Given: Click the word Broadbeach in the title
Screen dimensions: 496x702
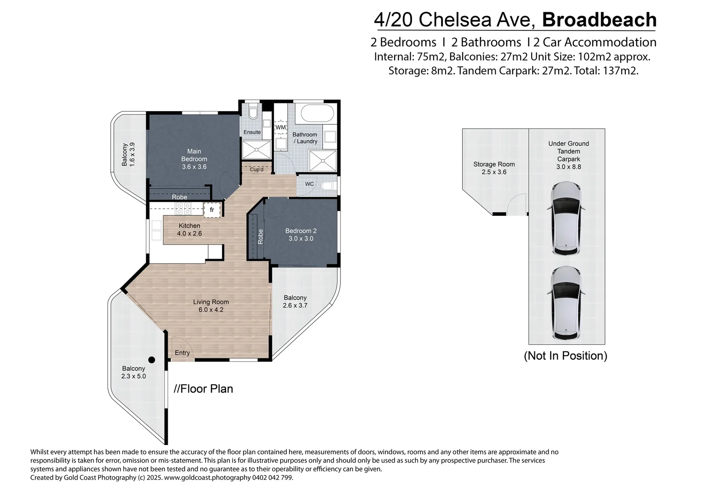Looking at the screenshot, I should point(599,20).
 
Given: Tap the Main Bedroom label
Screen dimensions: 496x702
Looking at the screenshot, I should point(194,159).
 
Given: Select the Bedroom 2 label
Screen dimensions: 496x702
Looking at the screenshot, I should point(301,235).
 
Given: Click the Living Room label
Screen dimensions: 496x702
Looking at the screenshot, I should point(211,306).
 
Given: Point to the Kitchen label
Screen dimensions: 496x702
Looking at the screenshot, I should point(189,229).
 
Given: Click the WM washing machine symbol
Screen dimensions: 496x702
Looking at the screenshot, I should point(280,127).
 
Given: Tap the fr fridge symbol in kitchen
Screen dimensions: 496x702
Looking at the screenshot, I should point(212,210).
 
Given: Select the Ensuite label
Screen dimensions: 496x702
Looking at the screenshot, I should point(252,132).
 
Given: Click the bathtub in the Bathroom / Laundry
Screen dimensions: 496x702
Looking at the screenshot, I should point(314,113).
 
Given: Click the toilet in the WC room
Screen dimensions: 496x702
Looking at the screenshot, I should point(328,186).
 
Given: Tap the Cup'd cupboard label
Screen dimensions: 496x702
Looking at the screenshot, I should point(256,169).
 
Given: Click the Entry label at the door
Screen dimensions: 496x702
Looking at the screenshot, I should point(182,353).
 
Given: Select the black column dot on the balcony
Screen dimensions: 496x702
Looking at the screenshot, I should point(152,360).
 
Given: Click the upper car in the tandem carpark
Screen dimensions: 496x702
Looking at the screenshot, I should point(566,218).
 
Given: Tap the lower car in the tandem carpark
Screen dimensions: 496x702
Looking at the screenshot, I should point(566,303).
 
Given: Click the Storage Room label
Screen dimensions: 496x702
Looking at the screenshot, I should point(494,168).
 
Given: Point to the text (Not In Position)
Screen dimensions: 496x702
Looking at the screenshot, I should point(566,355).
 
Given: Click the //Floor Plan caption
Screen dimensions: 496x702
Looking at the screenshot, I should point(204,389).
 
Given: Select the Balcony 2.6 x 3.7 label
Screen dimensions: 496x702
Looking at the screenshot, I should point(295,301).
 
